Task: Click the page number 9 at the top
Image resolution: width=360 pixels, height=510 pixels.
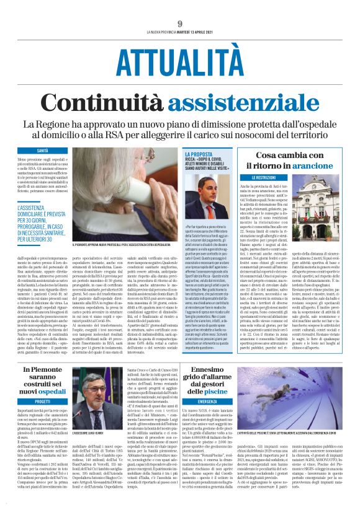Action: tap(179, 23)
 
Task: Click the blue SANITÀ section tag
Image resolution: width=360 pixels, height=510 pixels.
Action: tap(42, 150)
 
